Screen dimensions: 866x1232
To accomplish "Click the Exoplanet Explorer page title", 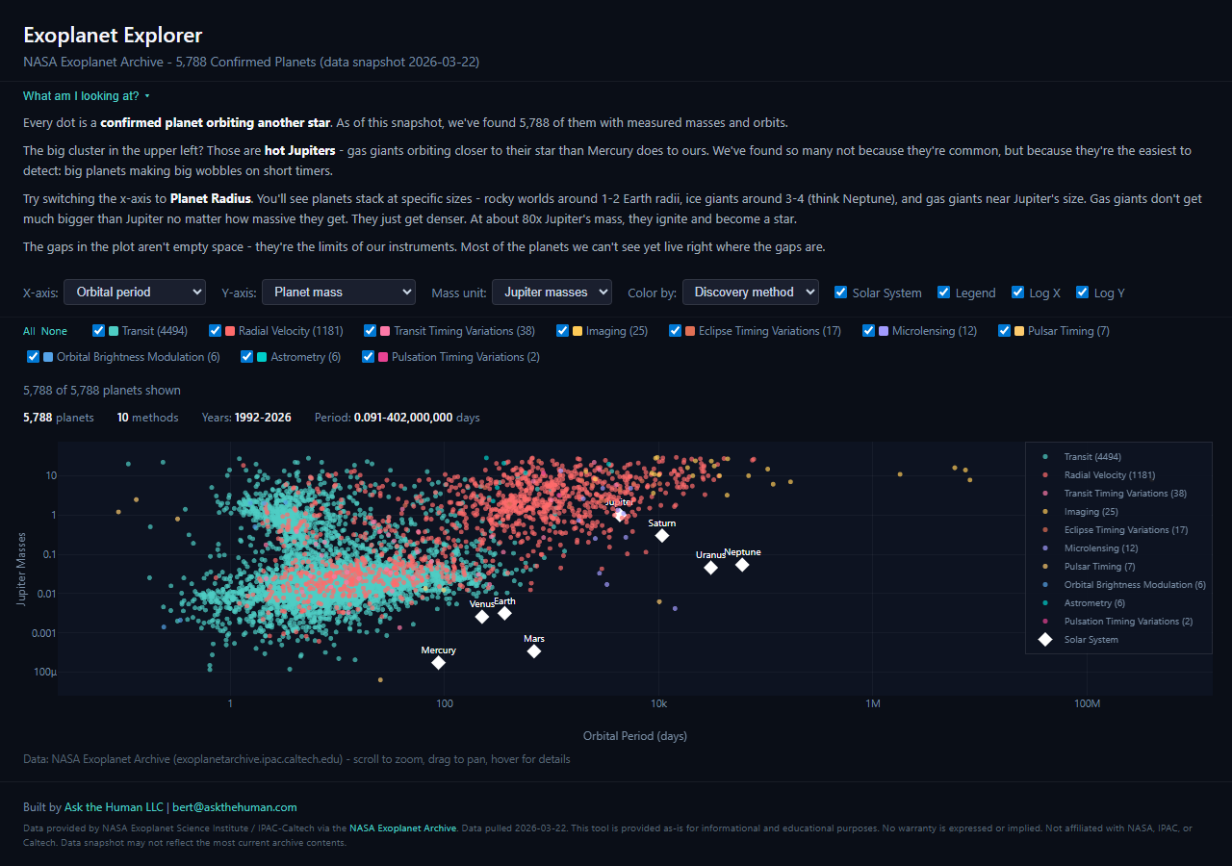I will tap(113, 36).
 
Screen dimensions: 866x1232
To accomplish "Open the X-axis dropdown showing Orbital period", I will tap(135, 292).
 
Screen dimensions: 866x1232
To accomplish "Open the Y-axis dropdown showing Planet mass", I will tap(338, 292).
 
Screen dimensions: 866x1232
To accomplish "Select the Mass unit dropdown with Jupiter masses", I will tap(551, 292).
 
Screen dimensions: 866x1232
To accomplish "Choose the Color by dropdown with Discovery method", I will tap(750, 292).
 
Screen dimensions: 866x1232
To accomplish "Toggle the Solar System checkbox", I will tap(841, 293).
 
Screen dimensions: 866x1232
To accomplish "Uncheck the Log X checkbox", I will tap(1018, 293).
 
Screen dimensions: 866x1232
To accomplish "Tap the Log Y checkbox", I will tap(1083, 293).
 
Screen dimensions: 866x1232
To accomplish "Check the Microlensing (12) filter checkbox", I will tap(869, 331).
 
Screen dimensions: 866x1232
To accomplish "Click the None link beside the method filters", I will tap(54, 331).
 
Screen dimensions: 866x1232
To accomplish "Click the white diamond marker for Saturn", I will tap(662, 535).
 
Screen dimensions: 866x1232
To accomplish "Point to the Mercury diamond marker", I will tap(438, 662).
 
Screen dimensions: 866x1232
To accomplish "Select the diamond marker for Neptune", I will tap(742, 564).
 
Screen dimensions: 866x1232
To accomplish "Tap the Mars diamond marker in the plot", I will tap(534, 651).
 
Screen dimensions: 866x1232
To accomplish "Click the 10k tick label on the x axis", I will tap(658, 703).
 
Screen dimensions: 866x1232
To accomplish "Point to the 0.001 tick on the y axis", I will tap(44, 633).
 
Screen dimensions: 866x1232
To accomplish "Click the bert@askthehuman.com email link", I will tap(236, 807).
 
